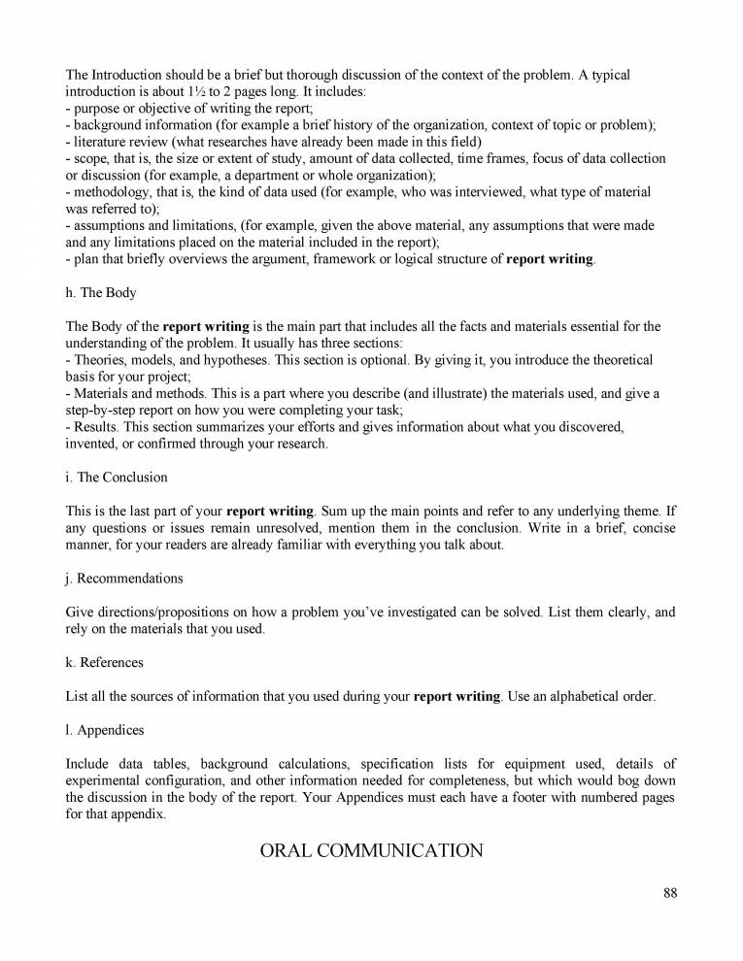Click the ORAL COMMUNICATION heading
point(371,851)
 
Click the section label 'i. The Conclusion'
point(117,477)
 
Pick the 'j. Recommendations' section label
point(124,578)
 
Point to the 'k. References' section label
point(105,662)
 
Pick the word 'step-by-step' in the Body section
point(105,409)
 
